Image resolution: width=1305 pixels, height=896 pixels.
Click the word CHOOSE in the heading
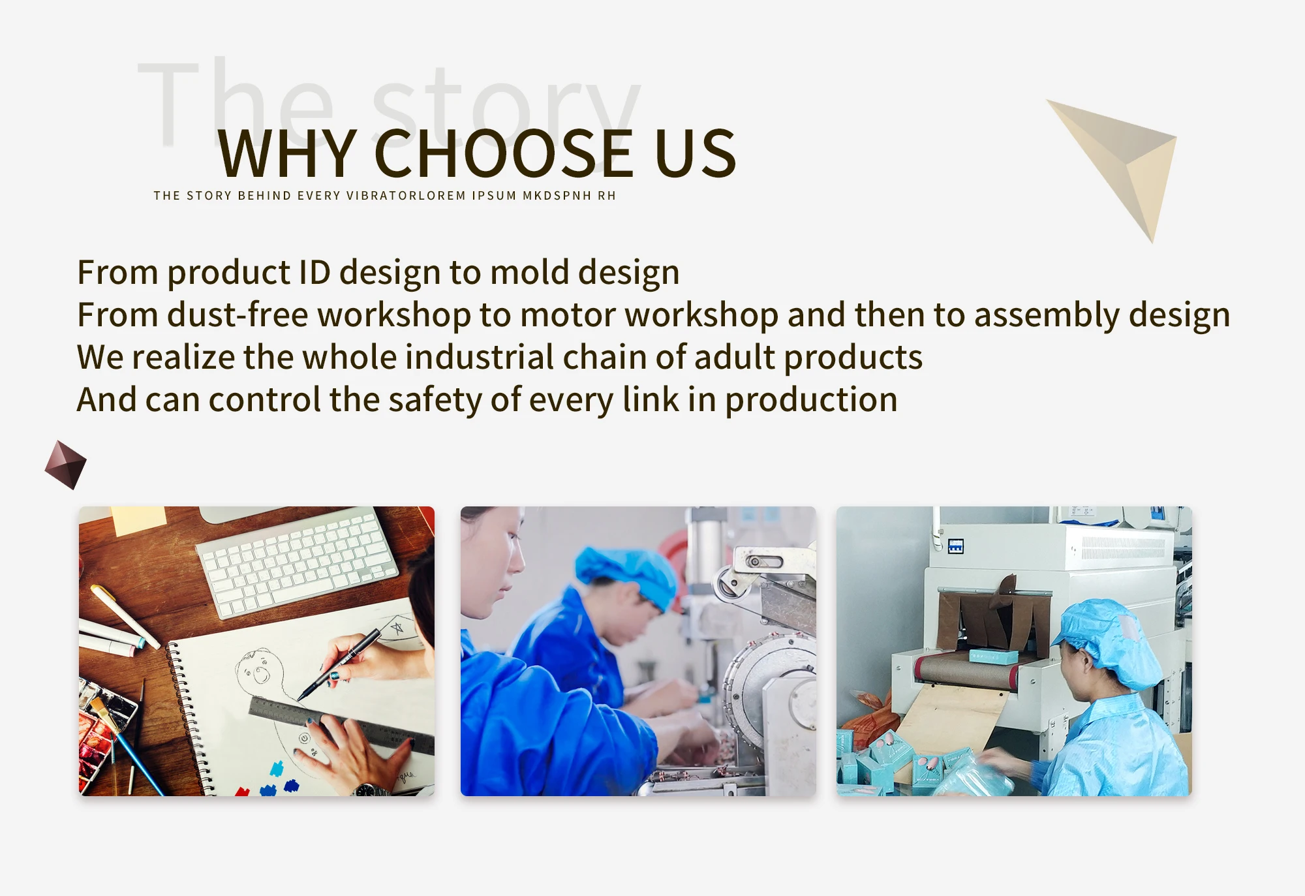pos(504,153)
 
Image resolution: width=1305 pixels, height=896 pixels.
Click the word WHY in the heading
pos(287,153)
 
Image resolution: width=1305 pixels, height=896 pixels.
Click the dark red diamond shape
pos(65,465)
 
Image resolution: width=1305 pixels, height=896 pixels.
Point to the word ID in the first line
pos(315,272)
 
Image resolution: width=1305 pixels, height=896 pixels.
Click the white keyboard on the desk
pos(297,563)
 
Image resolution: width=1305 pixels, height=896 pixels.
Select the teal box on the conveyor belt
pos(993,656)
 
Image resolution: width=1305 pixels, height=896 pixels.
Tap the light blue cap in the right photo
pos(1109,643)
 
